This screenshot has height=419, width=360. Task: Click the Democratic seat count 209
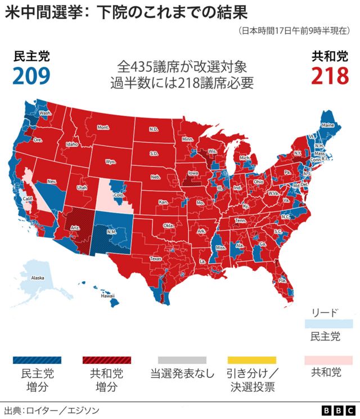tap(31, 75)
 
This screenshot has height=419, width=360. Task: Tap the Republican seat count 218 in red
tap(330, 75)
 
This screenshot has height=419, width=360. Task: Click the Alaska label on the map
tap(37, 278)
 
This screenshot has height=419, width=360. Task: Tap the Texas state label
tap(155, 259)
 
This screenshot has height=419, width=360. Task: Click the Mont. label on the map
tap(103, 128)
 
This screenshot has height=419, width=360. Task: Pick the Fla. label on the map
tap(283, 280)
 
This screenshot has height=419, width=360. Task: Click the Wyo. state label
tap(110, 162)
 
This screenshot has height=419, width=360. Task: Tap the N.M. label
tap(111, 231)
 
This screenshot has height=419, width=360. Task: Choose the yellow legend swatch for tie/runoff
tap(251, 360)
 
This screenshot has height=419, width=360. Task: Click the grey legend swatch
tap(182, 360)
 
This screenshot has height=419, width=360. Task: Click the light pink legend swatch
tap(328, 360)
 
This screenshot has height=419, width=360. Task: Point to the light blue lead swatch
tap(328, 324)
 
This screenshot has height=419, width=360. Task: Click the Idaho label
tap(72, 144)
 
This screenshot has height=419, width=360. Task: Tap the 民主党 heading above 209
tap(31, 56)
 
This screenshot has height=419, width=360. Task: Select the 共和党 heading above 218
tap(330, 56)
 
